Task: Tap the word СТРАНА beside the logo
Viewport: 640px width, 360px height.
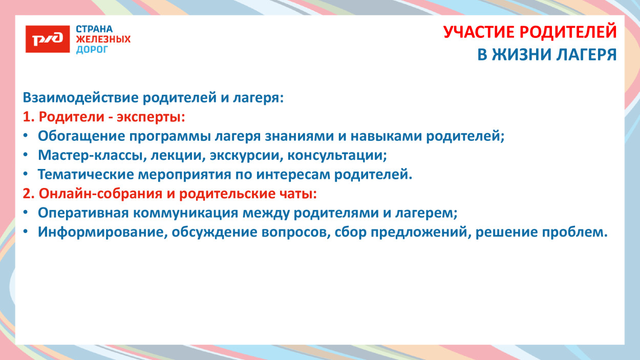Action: (94, 29)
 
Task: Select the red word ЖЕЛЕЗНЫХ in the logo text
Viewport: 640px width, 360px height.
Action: (103, 39)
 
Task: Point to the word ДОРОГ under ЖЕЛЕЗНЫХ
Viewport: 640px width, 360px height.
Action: (92, 50)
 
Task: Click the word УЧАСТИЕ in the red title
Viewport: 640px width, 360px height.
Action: (479, 32)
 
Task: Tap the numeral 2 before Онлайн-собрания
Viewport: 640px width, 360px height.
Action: (27, 194)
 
